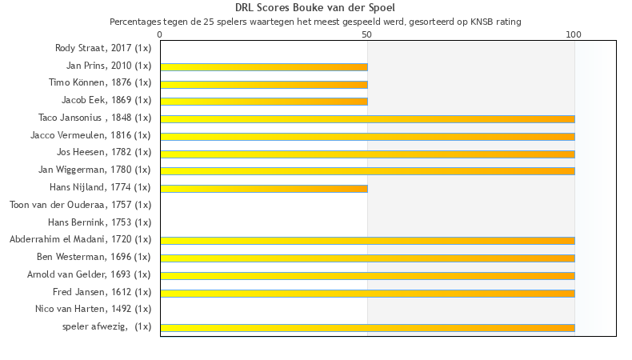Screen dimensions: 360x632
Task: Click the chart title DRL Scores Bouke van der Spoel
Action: (315, 8)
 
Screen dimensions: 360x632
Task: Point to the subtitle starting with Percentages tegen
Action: (315, 22)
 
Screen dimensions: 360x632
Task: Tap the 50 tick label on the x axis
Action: (366, 35)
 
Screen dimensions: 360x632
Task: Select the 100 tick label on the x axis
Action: (574, 35)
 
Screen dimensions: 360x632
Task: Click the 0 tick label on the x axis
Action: (160, 35)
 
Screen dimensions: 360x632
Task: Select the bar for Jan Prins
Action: (264, 66)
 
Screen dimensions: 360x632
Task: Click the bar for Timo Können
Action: (264, 84)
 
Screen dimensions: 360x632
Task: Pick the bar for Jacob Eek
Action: (264, 102)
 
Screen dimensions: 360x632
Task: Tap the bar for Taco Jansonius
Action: (367, 119)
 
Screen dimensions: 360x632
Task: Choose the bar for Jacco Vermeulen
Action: (367, 136)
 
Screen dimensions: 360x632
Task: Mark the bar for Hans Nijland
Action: (264, 188)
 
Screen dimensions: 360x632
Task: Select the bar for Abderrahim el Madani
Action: (367, 240)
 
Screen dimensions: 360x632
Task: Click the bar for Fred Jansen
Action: (367, 293)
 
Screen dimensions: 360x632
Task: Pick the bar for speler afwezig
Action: (367, 327)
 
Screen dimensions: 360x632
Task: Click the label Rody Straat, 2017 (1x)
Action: (102, 48)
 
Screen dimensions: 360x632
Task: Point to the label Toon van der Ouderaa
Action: (80, 205)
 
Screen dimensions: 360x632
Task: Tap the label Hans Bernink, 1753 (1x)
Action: (99, 222)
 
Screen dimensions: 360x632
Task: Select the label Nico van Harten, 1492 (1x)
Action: (93, 309)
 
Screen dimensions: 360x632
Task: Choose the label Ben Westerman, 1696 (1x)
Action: (94, 257)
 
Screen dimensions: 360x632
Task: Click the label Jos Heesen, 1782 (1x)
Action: (103, 153)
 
